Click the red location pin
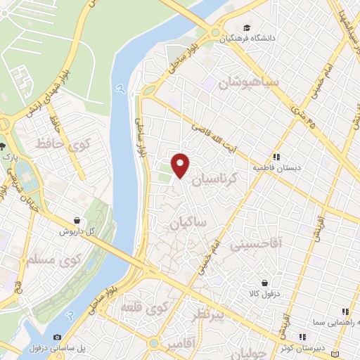pos(181,164)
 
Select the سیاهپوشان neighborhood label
pos(248,82)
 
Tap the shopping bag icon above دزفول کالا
pos(264,283)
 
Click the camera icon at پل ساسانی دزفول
pos(57,337)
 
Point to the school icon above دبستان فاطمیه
pos(277,157)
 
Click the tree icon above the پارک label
pos(4,146)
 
